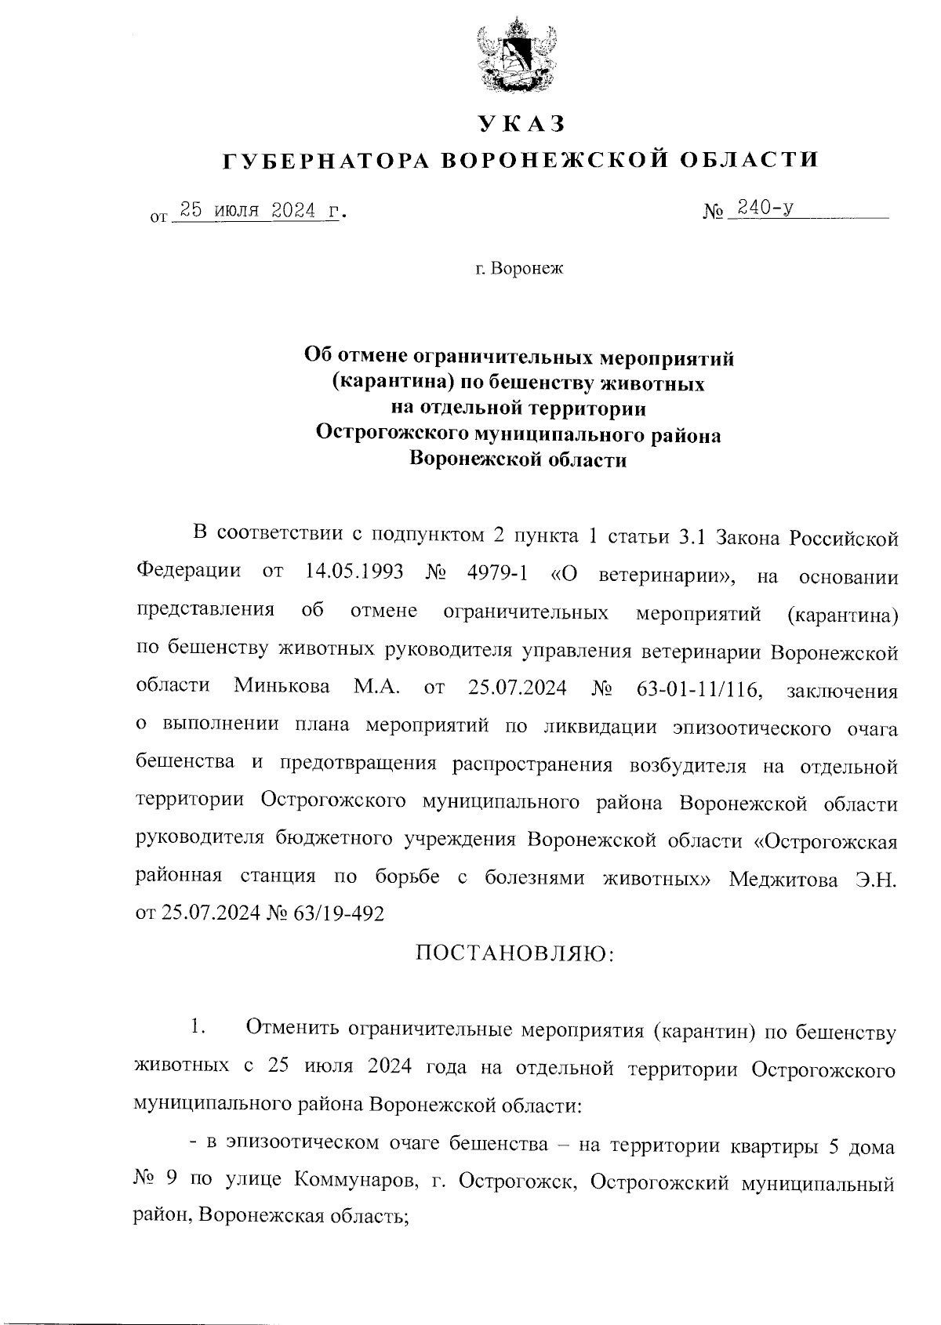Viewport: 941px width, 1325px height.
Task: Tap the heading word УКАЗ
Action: tap(521, 124)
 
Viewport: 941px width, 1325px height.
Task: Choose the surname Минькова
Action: tap(282, 687)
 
